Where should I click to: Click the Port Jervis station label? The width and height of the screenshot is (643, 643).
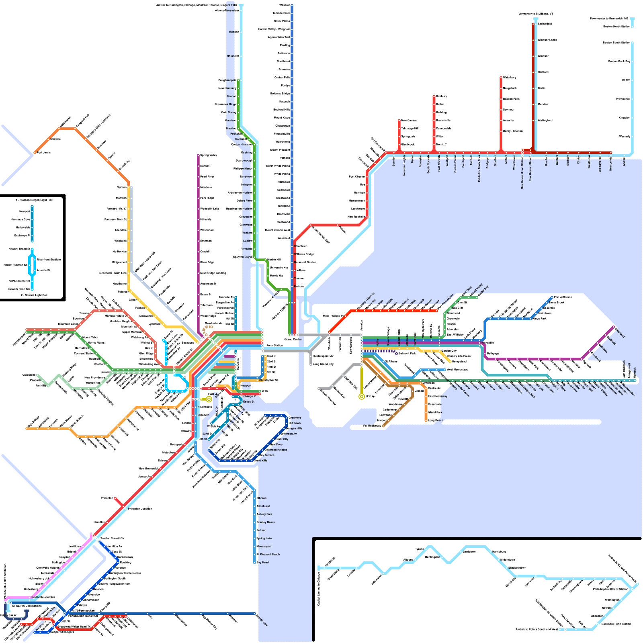pos(44,153)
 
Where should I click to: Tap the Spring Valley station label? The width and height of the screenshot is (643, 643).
pos(208,155)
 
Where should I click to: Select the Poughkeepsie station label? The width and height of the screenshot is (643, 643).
pos(227,80)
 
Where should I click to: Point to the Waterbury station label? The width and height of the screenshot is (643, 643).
pos(510,78)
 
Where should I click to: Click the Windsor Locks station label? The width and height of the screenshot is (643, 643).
pos(547,40)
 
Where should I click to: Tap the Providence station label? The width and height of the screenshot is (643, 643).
pos(623,99)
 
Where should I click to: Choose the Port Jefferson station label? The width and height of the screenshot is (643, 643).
pos(563,297)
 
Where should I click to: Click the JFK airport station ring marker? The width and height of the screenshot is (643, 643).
pos(362,397)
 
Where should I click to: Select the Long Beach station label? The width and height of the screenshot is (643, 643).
pos(436,420)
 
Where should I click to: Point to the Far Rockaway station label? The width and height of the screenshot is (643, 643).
pos(372,426)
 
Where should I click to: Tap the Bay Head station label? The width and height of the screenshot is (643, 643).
pos(262,562)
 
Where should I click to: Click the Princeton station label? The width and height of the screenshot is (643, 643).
pos(107,498)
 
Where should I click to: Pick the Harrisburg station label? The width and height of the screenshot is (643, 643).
pos(499,552)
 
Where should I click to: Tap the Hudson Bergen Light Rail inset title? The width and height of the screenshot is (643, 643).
pos(34,200)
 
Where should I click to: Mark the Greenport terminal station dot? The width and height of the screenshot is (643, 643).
pos(613,327)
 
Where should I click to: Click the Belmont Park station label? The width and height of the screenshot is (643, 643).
pos(407,354)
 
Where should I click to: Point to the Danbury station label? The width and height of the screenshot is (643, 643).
pos(441,96)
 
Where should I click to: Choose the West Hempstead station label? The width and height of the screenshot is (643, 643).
pos(457,369)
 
